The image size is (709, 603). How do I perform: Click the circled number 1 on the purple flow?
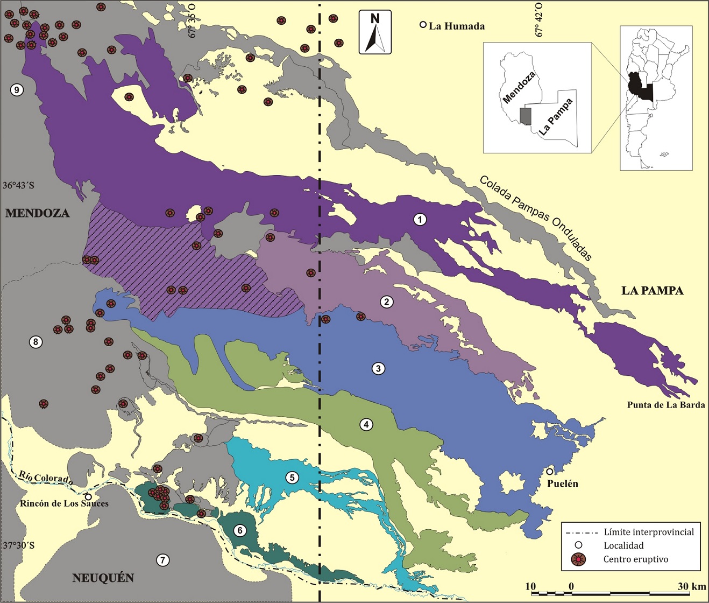(x=420, y=219)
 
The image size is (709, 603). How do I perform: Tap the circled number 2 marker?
(x=386, y=302)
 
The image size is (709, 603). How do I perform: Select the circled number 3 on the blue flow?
(x=379, y=369)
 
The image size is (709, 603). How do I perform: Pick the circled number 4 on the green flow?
(x=366, y=425)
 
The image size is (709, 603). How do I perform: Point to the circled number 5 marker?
(x=292, y=477)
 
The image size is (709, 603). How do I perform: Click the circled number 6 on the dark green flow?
(x=240, y=531)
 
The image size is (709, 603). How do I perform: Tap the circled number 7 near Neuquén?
(x=162, y=560)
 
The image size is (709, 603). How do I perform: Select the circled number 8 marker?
(x=36, y=342)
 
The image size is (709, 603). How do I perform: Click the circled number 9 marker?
(x=17, y=90)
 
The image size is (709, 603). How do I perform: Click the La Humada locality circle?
(x=423, y=25)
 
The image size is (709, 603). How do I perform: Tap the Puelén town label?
(x=562, y=483)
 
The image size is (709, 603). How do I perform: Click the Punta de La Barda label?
(x=665, y=405)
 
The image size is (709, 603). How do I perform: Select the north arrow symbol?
(x=375, y=33)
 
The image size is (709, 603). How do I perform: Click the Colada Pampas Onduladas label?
(x=536, y=218)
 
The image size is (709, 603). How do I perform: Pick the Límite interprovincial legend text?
(x=649, y=532)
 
